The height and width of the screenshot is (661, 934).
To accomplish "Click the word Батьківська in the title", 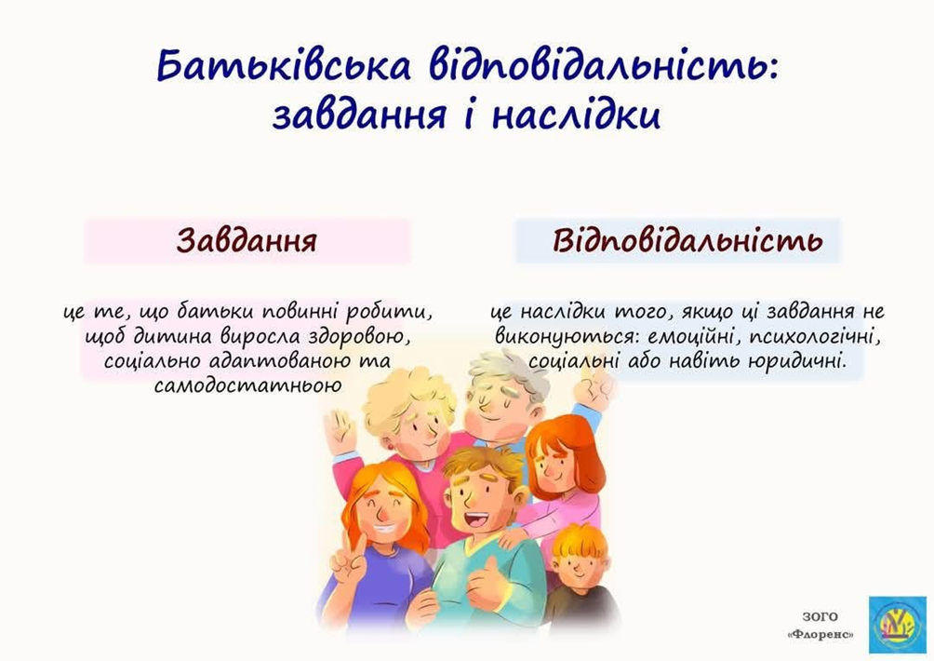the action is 284,65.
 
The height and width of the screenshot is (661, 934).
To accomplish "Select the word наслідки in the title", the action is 576,115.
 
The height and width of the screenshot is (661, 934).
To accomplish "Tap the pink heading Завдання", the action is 247,241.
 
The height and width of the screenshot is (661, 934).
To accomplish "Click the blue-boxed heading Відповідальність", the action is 687,240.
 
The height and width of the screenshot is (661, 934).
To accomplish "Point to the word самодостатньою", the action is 247,385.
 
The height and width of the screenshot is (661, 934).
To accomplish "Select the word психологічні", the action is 815,337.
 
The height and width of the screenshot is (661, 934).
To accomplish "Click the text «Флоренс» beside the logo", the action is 821,635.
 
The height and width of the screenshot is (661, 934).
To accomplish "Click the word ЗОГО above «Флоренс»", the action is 820,617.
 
